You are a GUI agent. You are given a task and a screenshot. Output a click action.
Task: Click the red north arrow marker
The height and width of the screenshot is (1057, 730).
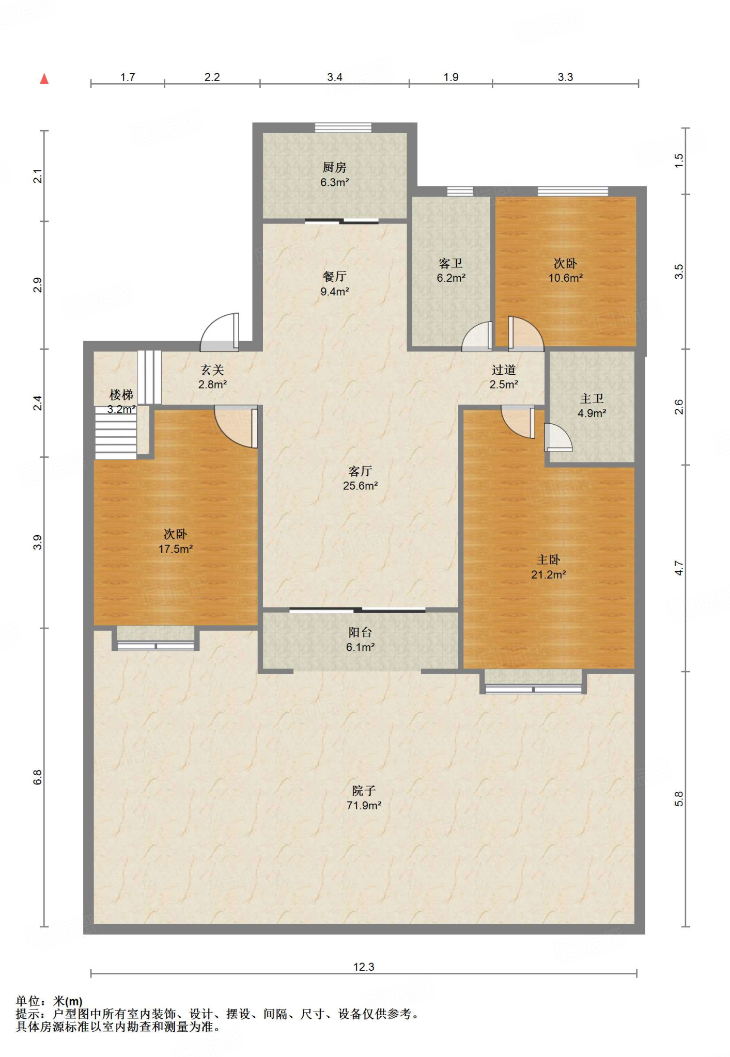44,78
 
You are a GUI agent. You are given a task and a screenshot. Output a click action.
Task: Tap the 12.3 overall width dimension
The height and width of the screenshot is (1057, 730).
364,967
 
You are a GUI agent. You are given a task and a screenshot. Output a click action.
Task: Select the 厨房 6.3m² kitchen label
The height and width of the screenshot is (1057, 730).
335,174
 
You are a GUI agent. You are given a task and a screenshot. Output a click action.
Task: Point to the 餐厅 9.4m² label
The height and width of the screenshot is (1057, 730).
335,284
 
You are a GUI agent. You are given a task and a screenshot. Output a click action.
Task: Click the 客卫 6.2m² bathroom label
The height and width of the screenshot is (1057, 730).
451,270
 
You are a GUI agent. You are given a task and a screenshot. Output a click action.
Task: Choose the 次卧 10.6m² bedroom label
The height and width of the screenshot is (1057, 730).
566,270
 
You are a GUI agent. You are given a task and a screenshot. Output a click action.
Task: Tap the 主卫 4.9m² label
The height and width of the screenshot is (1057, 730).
592,406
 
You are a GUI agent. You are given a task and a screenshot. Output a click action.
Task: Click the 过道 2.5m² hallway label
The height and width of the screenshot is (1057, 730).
504,377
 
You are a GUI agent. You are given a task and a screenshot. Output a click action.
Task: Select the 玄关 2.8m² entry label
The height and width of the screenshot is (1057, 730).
212,377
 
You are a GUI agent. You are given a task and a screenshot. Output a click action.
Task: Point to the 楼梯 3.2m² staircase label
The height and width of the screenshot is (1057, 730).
121,402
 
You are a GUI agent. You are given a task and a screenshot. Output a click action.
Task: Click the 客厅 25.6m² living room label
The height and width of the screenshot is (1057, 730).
360,478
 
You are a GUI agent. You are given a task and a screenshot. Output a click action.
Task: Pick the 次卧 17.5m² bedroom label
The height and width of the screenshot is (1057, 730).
176,541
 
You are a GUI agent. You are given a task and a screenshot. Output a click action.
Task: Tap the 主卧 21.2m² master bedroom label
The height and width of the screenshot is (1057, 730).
549,567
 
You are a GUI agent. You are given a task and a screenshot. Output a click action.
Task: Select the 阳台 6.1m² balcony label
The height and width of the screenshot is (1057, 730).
360,639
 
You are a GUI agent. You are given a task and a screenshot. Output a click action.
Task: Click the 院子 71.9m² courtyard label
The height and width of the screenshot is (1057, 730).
364,797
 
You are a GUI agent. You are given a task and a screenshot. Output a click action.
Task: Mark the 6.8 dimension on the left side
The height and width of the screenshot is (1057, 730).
38,777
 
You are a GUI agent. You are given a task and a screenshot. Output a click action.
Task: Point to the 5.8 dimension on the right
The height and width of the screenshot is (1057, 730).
679,799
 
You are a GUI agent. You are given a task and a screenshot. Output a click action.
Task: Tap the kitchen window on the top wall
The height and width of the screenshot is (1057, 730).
343,127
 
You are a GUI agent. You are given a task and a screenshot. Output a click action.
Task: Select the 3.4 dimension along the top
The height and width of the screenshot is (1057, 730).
335,77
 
